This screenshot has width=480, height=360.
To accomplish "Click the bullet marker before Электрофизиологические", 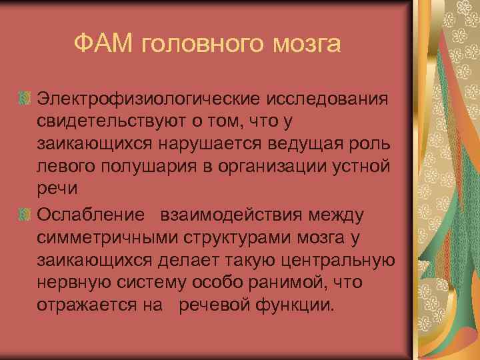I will tap(25, 99).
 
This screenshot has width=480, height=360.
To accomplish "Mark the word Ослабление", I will tap(91, 216).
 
